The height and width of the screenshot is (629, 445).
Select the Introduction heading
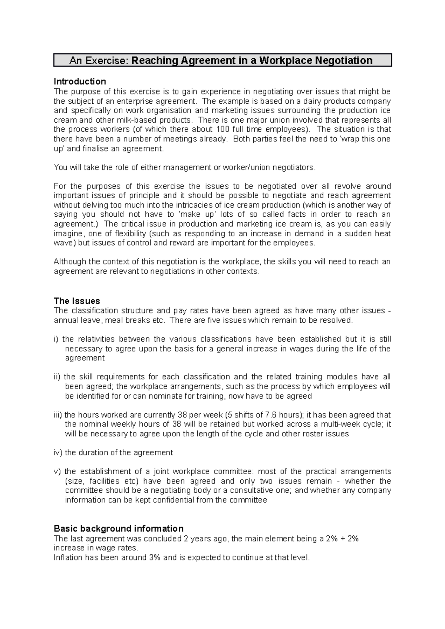[80, 81]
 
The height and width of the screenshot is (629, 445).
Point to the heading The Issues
[77, 301]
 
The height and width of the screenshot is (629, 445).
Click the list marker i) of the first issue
[57, 339]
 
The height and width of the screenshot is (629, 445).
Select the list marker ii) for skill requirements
[57, 377]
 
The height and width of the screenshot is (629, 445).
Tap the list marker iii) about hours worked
[59, 415]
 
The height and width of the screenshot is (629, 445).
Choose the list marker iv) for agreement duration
[59, 453]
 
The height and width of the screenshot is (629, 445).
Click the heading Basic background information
[119, 528]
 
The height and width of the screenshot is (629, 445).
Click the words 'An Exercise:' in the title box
[99, 60]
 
